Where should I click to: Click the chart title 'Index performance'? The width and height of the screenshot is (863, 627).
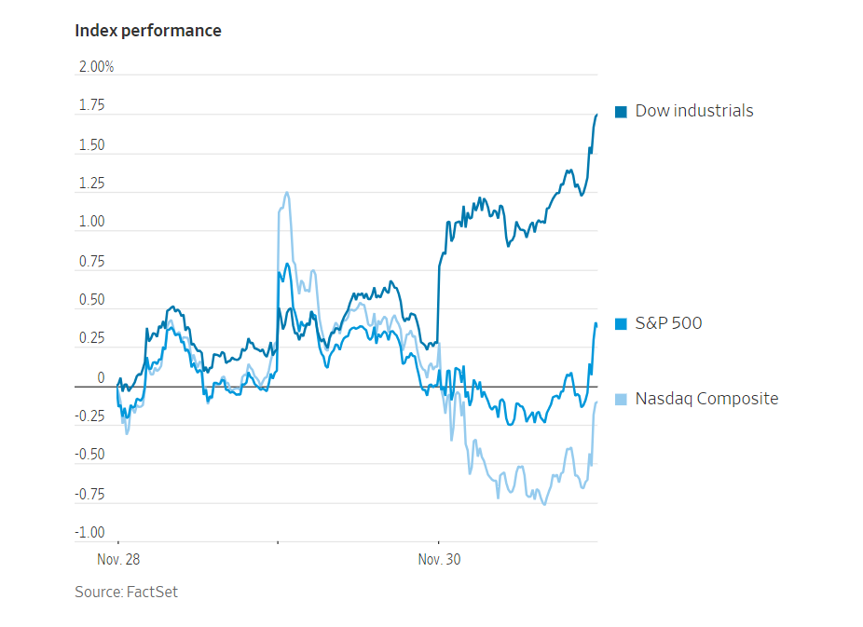coord(148,31)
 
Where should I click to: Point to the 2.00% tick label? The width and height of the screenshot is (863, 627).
coord(96,68)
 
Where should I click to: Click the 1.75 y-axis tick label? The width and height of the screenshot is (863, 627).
coord(91,106)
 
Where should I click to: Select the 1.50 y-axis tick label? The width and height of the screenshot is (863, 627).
coord(91,145)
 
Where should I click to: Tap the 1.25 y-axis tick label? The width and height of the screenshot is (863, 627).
coord(91,184)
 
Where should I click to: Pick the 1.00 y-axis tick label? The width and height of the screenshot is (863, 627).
coord(91,223)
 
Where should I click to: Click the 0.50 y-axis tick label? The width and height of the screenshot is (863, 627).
coord(91,300)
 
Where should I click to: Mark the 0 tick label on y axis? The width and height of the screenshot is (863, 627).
coord(102,378)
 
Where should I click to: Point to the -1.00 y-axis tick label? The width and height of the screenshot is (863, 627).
coord(89,532)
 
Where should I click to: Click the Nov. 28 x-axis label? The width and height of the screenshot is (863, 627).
coord(118,560)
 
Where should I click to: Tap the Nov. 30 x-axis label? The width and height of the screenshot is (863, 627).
coord(439,560)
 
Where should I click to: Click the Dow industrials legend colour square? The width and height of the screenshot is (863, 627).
coord(621,112)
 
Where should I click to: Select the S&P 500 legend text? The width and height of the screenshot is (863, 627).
coord(668,323)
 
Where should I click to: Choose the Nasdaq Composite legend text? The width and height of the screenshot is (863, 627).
coord(706,399)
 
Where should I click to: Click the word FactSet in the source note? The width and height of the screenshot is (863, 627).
coord(152,593)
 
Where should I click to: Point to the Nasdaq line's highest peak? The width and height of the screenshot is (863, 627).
coord(286,193)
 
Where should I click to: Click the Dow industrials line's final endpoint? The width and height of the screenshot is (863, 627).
coord(596,114)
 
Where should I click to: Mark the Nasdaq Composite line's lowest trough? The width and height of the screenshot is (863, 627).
coord(544,504)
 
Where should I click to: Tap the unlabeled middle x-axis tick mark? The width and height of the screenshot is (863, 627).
coord(278,541)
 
